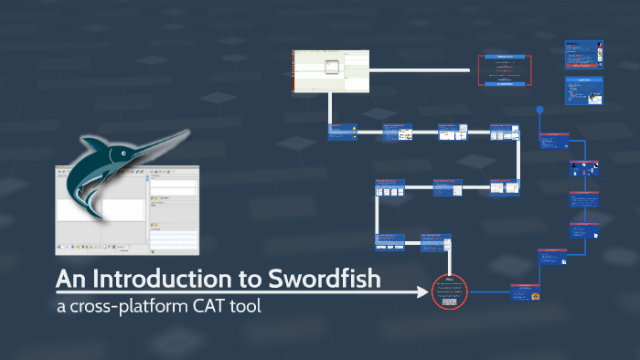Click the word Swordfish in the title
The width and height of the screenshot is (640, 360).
pyautogui.click(x=324, y=278)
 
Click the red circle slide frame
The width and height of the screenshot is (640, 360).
pyautogui.click(x=449, y=292)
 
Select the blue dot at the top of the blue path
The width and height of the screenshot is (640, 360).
pyautogui.click(x=540, y=110)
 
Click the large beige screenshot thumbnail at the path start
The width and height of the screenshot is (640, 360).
pyautogui.click(x=329, y=70)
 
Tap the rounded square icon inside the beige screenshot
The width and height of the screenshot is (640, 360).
pyautogui.click(x=329, y=66)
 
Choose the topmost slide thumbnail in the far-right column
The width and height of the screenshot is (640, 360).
pyautogui.click(x=583, y=54)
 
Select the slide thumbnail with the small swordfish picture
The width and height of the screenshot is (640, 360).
pyautogui.click(x=583, y=92)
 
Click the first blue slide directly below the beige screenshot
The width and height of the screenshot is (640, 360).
pyautogui.click(x=342, y=132)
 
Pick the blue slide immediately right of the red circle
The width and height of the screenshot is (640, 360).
pyautogui.click(x=525, y=292)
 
